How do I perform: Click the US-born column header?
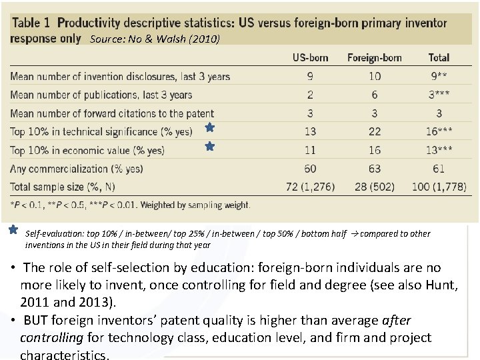[x=310, y=57]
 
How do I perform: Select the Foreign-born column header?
[x=375, y=57]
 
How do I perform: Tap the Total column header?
[x=439, y=57]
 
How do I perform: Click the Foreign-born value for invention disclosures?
[x=375, y=76]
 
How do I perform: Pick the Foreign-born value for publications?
[x=375, y=95]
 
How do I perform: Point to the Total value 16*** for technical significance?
[x=441, y=132]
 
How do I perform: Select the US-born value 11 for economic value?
[x=310, y=151]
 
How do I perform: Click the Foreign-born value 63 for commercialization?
[x=375, y=169]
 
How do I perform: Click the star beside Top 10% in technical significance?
[x=209, y=127]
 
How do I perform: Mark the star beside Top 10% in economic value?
[x=209, y=145]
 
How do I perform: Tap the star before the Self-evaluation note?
[x=13, y=230]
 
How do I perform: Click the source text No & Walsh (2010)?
[x=155, y=39]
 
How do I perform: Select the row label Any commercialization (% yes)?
[x=77, y=169]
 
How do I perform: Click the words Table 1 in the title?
[x=33, y=23]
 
